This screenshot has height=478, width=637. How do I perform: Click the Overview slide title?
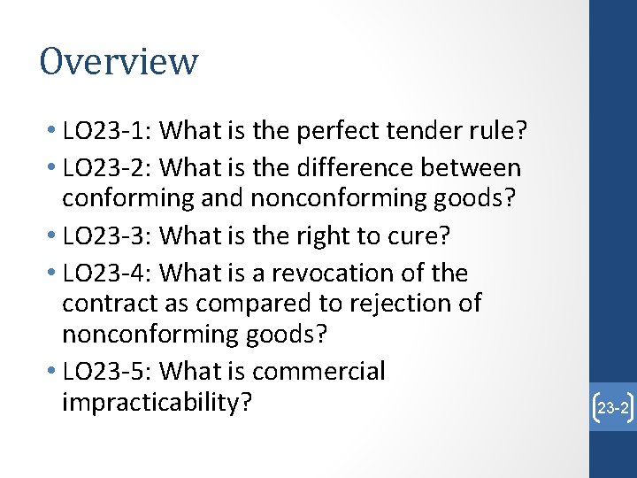pyautogui.click(x=119, y=62)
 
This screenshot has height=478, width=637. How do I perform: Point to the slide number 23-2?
pyautogui.click(x=612, y=408)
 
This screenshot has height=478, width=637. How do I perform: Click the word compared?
pyautogui.click(x=249, y=304)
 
